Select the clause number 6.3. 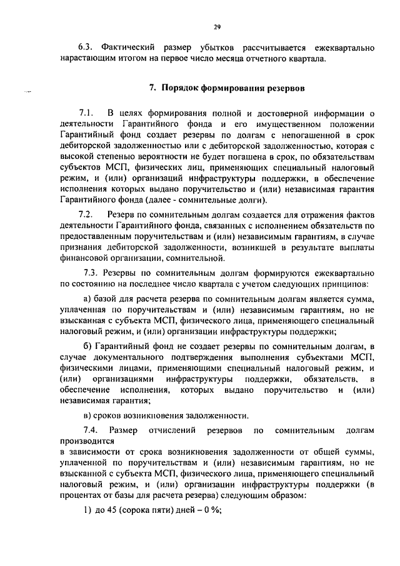click(x=86, y=48)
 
